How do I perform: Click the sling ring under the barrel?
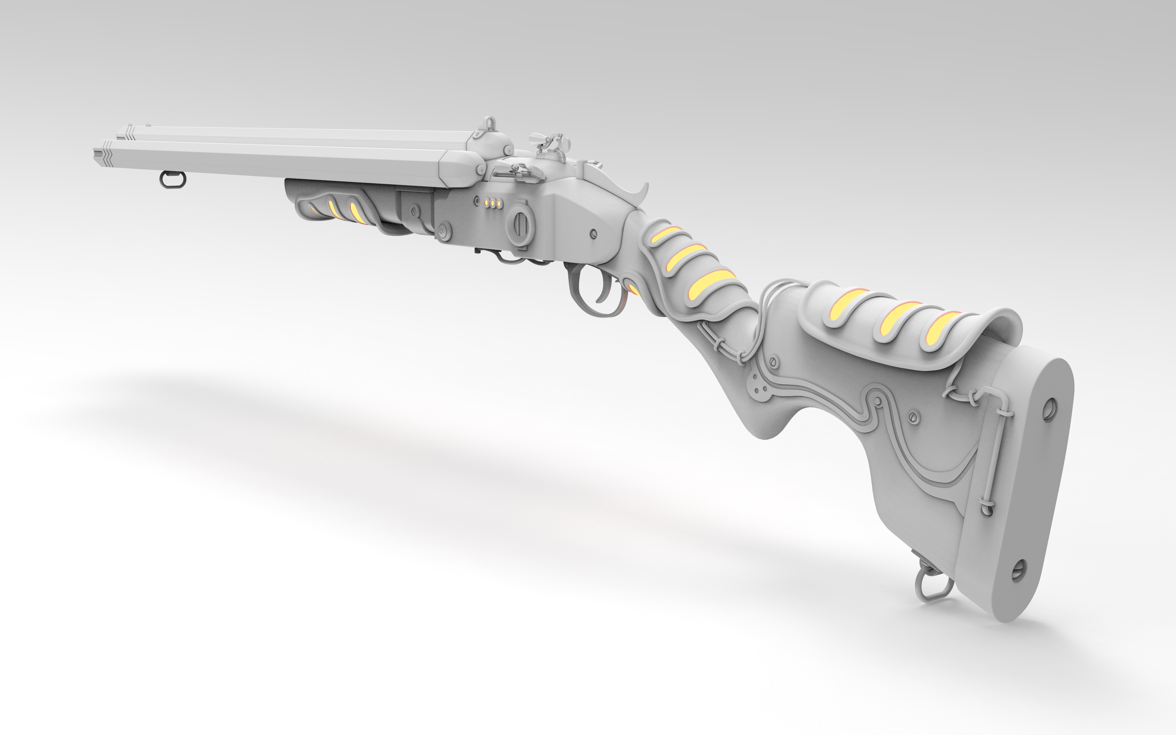[x=172, y=180]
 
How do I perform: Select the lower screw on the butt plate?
[x=1019, y=569]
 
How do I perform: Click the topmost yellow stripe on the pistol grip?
[x=666, y=234]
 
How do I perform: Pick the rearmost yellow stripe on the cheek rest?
[x=943, y=327]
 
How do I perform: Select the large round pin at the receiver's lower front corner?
[x=443, y=232]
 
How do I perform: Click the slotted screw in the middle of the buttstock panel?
[x=913, y=416]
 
